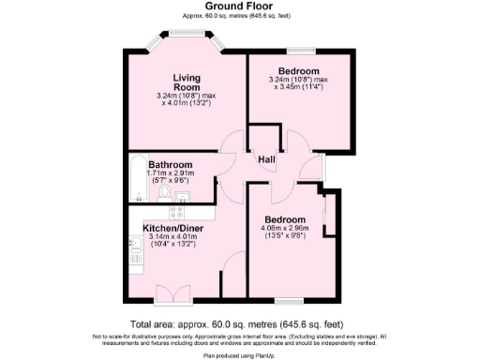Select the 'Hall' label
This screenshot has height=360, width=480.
(266, 158)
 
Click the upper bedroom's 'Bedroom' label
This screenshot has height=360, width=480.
(299, 71)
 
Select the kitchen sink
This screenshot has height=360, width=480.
(134, 246)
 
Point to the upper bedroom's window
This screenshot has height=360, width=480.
(300, 50)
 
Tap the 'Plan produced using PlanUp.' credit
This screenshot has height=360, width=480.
(239, 355)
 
